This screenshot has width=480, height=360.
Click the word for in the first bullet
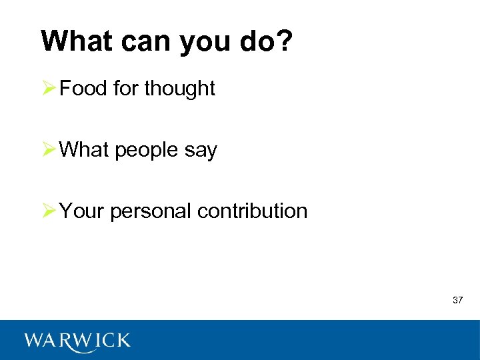click(x=126, y=89)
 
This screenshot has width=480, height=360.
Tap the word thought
click(x=179, y=89)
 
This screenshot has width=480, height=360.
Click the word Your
click(x=82, y=211)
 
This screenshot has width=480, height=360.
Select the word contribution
click(x=253, y=211)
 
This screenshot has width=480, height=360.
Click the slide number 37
click(x=457, y=300)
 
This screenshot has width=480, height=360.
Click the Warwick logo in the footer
click(x=77, y=341)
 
